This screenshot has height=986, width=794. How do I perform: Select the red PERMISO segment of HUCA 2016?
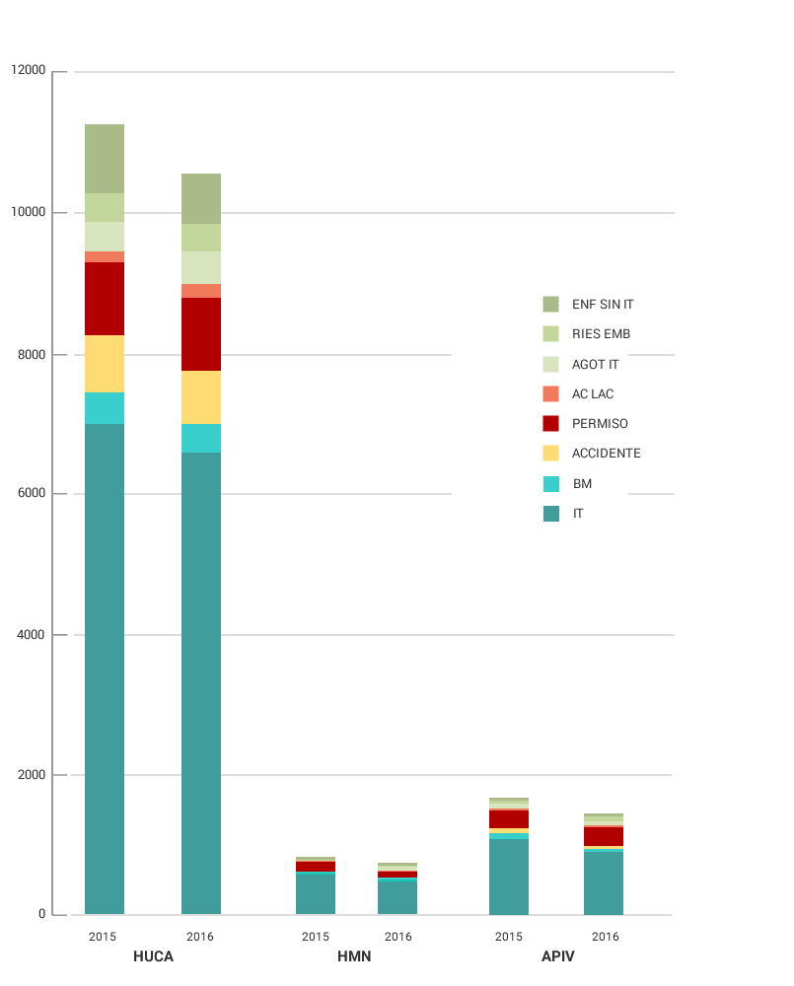(x=201, y=334)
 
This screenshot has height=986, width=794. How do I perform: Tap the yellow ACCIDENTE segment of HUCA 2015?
(x=105, y=364)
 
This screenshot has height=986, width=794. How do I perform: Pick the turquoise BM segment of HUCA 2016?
(x=201, y=438)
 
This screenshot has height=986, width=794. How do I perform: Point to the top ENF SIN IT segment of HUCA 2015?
(x=105, y=159)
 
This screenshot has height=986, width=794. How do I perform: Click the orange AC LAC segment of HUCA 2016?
(x=201, y=291)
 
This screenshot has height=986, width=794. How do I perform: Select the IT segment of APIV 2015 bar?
(x=509, y=877)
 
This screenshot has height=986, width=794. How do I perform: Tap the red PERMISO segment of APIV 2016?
(x=604, y=836)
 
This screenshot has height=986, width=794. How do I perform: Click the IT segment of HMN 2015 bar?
(x=316, y=893)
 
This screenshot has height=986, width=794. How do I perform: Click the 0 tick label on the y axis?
(x=42, y=915)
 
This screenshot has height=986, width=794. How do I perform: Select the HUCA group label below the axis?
(x=153, y=956)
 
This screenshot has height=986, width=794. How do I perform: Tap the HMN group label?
(x=354, y=956)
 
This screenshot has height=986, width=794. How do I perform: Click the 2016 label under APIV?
(x=605, y=937)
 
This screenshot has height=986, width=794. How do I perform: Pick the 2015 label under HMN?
(x=316, y=937)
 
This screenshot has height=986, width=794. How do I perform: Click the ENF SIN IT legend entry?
(x=602, y=305)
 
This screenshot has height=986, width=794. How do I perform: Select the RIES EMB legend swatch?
(x=550, y=334)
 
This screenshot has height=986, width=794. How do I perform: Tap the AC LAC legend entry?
(x=592, y=394)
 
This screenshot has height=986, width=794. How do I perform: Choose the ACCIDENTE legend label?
(x=606, y=454)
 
